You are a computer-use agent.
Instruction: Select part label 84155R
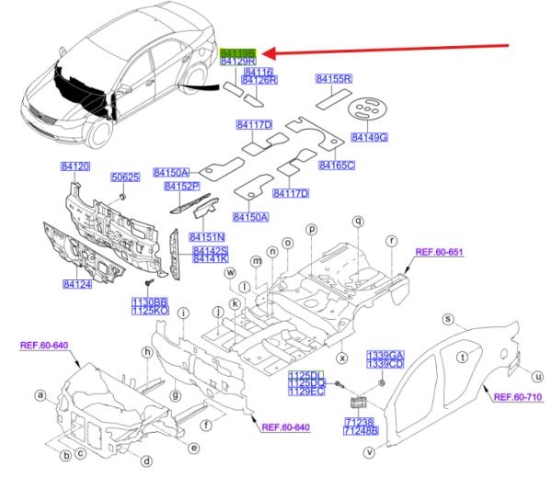tap(335, 80)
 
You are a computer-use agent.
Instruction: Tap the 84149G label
tap(370, 138)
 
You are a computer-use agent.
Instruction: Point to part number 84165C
tap(337, 165)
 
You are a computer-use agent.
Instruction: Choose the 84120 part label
tap(75, 166)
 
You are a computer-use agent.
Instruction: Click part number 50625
tap(125, 176)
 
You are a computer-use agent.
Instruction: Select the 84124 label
tap(77, 285)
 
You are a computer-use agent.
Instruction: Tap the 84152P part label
tap(182, 187)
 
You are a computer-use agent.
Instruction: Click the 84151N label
tap(208, 236)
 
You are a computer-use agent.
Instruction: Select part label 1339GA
tap(386, 355)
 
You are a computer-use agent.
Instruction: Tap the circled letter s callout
tap(448, 319)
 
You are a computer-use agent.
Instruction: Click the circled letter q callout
tap(358, 221)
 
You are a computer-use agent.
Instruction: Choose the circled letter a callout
tap(40, 395)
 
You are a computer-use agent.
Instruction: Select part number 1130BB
tap(149, 301)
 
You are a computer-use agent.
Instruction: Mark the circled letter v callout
tap(368, 450)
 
